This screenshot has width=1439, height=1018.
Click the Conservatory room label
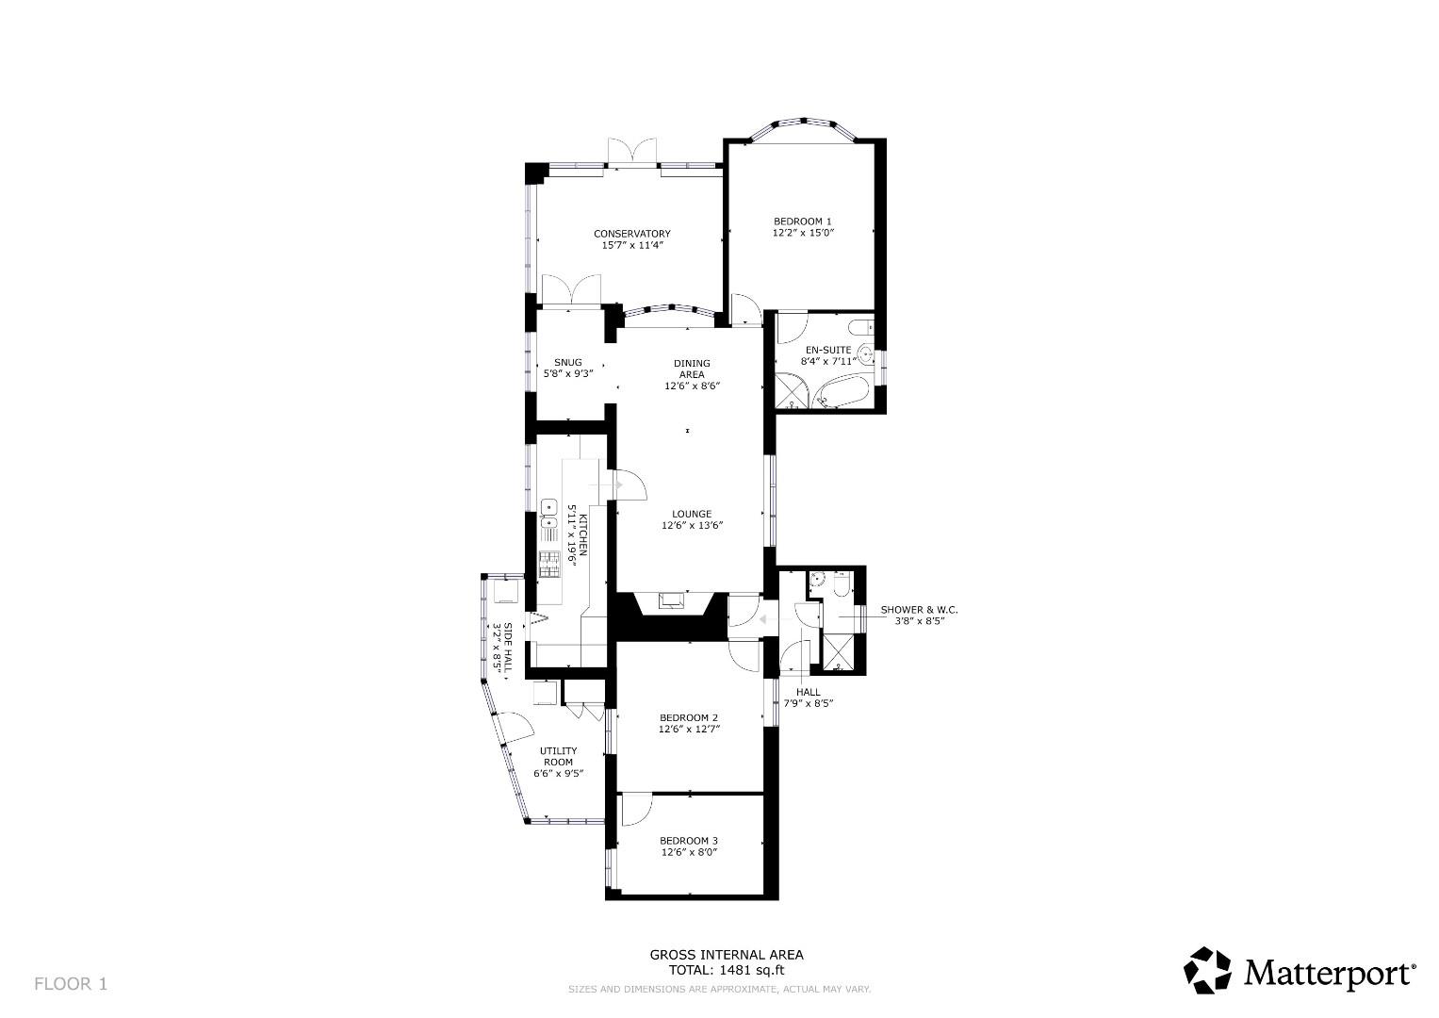click(x=631, y=234)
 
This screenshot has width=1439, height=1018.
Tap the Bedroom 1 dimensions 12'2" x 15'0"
click(x=803, y=232)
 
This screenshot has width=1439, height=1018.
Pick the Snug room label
click(x=567, y=363)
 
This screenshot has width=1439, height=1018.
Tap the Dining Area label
click(x=692, y=369)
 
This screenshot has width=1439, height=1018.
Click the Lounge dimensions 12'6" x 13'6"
click(x=692, y=526)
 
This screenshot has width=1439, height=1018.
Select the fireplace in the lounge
click(x=671, y=601)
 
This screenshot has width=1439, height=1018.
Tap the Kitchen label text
click(x=582, y=535)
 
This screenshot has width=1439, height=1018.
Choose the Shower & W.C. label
click(x=919, y=610)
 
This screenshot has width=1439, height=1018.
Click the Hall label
click(x=808, y=692)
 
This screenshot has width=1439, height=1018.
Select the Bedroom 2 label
click(x=689, y=717)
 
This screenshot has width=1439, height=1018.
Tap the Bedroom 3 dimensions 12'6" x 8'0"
click(x=689, y=852)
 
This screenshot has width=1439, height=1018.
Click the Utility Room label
click(x=558, y=756)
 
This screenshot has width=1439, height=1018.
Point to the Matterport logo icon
click(x=1207, y=970)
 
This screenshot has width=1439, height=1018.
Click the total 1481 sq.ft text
click(x=726, y=969)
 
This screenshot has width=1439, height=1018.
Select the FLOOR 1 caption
click(x=71, y=984)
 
